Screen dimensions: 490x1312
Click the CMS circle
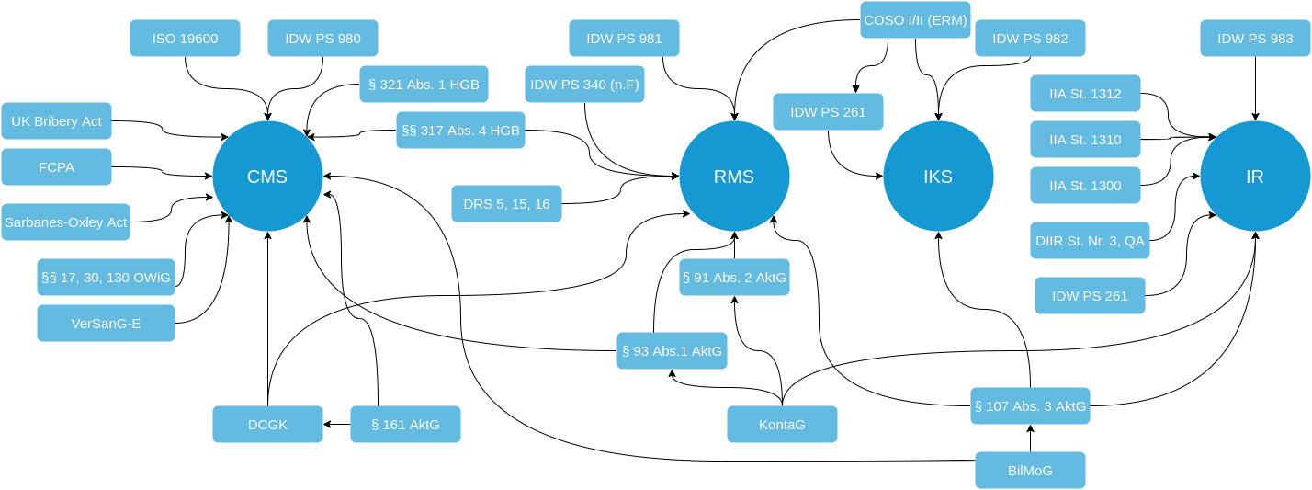point(267,177)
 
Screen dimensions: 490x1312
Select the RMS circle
point(734,177)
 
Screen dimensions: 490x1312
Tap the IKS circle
point(938,177)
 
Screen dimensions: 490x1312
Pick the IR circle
point(1255,177)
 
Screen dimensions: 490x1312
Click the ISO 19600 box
point(185,39)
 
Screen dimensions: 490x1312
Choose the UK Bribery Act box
point(56,121)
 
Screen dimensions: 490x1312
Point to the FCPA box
point(56,167)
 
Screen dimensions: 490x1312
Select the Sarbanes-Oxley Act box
point(65,222)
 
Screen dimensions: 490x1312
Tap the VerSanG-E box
point(106,324)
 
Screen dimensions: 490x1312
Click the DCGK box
point(267,425)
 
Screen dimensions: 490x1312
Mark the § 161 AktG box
point(405,425)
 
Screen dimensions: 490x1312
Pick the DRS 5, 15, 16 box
point(506,204)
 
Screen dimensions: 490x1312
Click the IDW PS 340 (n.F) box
point(584,85)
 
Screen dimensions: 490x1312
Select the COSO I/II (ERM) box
point(915,20)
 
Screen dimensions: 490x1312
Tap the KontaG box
point(782,425)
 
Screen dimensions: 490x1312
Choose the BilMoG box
point(1030,471)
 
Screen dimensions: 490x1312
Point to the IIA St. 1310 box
point(1085,140)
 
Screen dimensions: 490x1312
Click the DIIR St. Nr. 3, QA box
point(1090,241)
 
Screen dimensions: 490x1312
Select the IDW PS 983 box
point(1255,39)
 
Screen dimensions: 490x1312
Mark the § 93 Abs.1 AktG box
point(672,351)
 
